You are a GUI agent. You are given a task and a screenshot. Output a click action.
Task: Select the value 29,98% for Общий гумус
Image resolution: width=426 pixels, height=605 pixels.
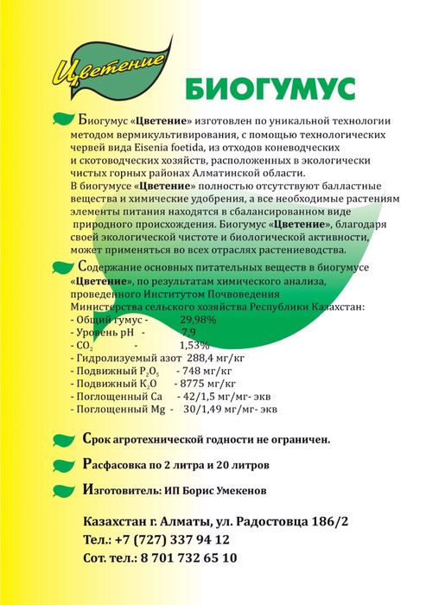click(198, 319)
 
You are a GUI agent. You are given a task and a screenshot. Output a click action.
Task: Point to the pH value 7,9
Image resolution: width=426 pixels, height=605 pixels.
click(188, 332)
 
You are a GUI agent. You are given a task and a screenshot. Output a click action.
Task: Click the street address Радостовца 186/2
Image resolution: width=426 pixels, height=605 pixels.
click(296, 521)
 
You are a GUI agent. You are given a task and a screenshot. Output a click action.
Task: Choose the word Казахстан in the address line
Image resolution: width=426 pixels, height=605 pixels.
click(113, 521)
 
